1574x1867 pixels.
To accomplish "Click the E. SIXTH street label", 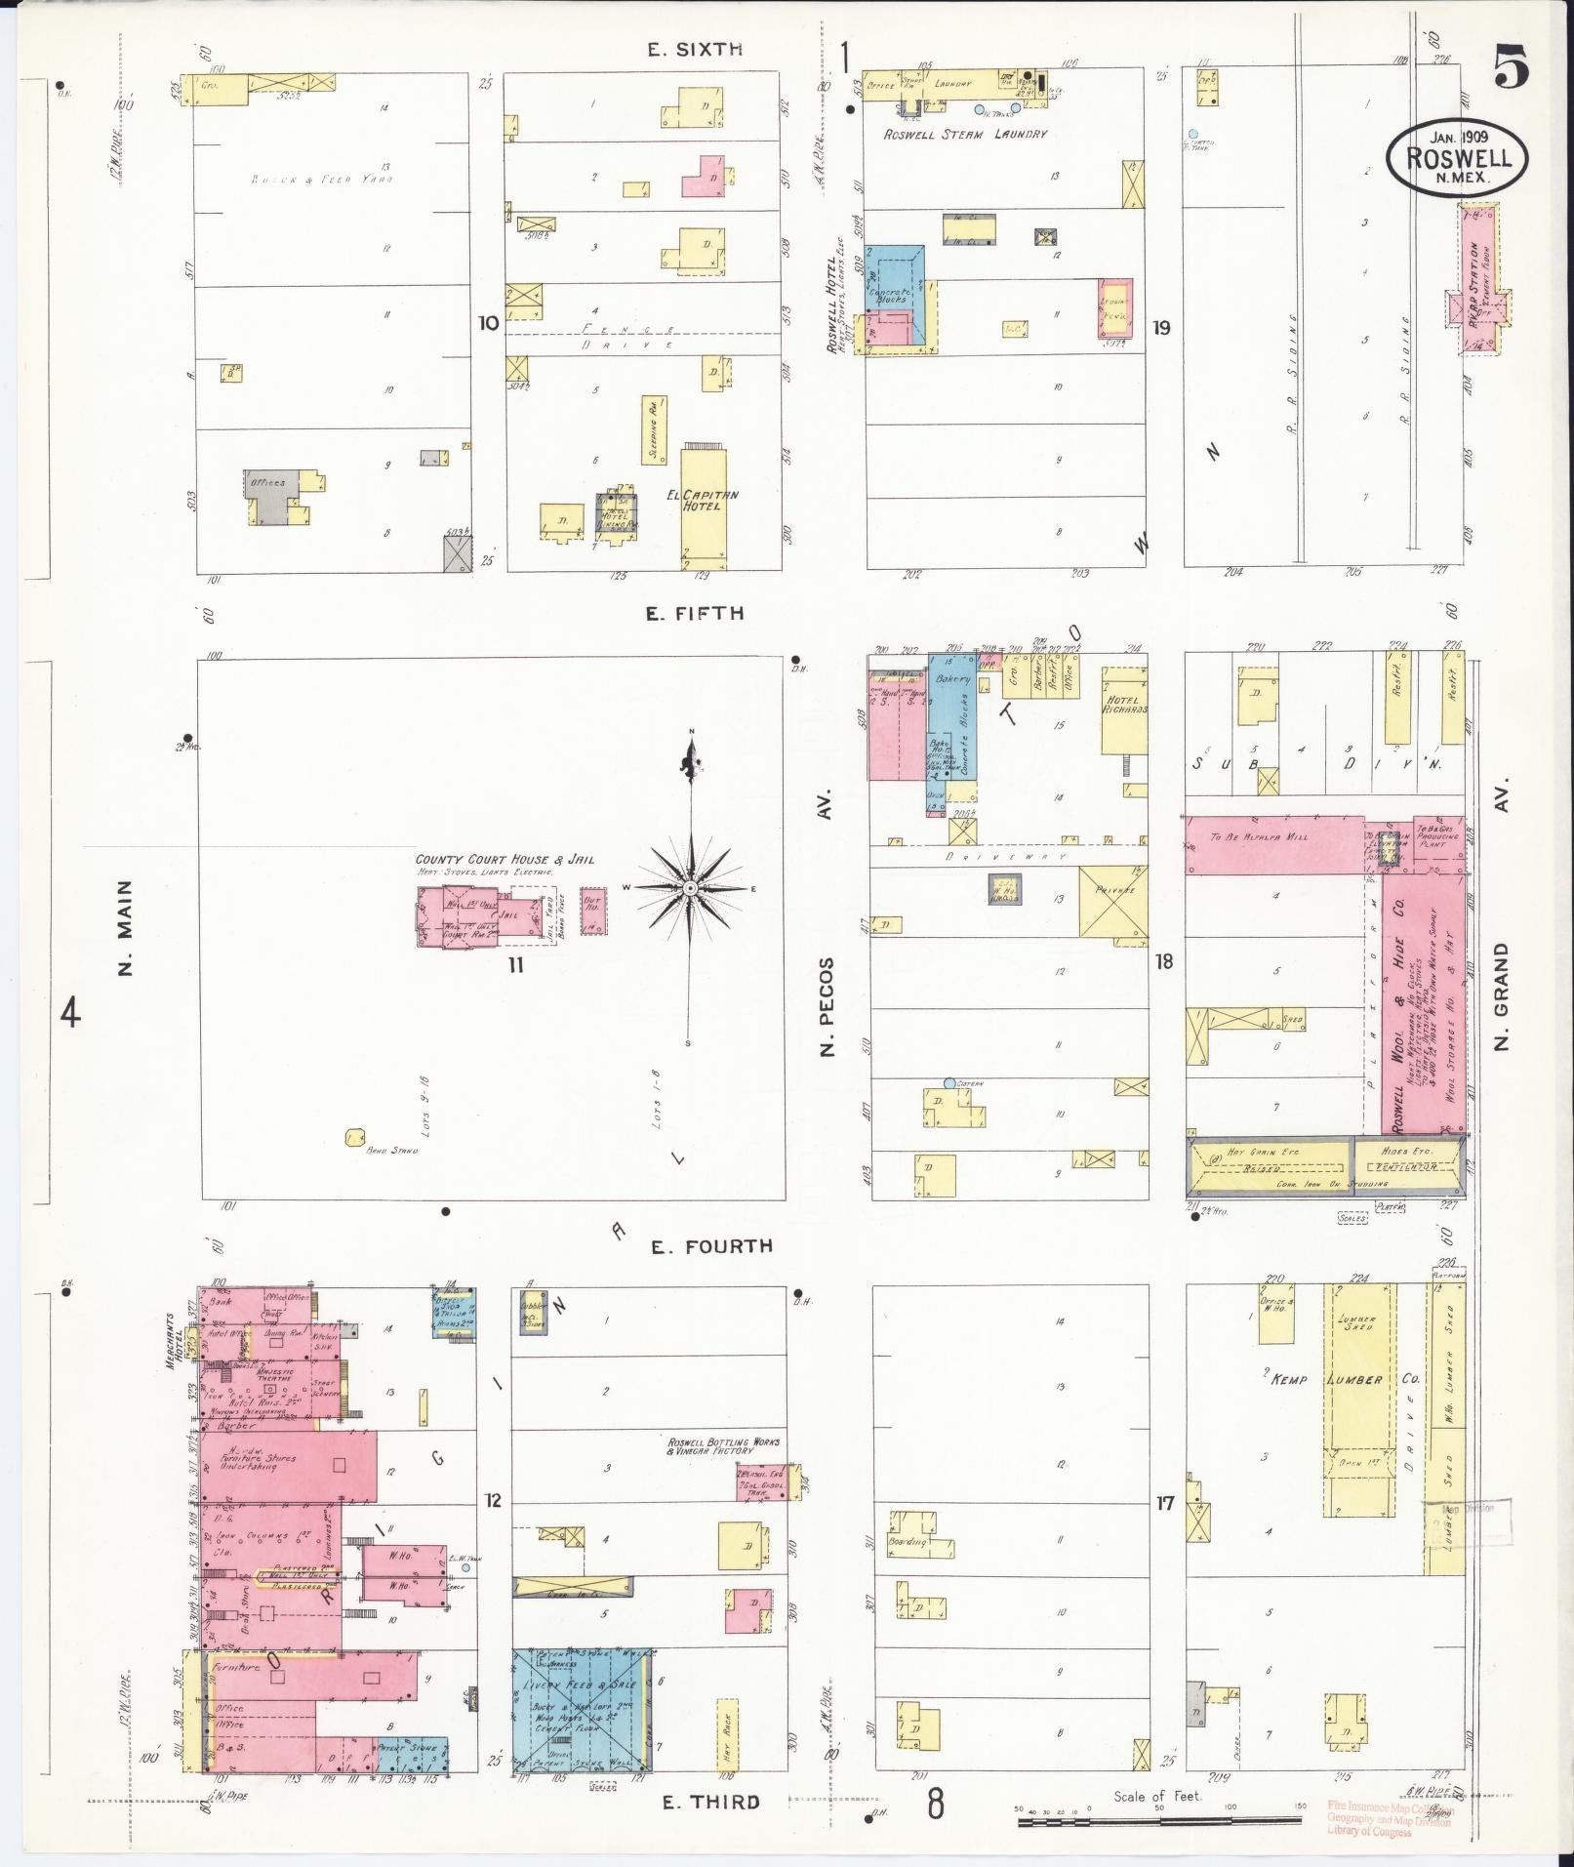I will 695,49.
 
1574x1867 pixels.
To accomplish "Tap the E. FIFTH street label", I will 695,613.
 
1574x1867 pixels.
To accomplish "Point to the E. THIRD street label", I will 710,1802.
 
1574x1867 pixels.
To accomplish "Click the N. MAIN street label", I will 125,927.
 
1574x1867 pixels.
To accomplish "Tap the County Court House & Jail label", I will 504,860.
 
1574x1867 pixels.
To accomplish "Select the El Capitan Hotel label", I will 702,501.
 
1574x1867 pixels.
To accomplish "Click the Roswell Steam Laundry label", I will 964,134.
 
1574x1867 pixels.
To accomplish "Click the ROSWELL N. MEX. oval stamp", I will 1458,157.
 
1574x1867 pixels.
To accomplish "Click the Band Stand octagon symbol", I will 354,1137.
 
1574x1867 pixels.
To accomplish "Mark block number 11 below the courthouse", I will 515,964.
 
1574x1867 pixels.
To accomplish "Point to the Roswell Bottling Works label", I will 723,1446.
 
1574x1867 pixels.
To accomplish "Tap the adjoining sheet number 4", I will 70,1014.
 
